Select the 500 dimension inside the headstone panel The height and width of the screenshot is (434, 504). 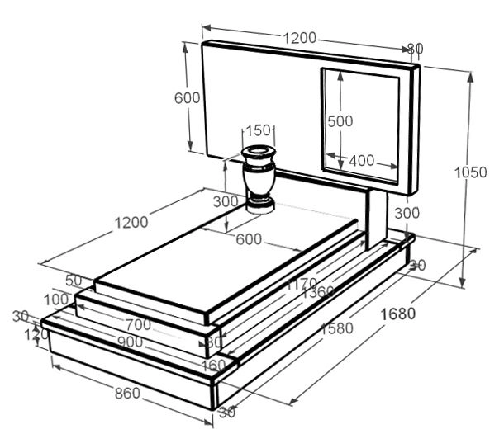coord(340,120)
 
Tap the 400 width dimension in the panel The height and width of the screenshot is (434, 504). coord(361,161)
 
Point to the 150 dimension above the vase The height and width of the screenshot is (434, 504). coord(259,130)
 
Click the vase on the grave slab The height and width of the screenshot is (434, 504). coord(259,178)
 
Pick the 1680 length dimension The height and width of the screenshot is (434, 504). coord(397,314)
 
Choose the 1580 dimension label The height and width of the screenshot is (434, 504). coord(337,328)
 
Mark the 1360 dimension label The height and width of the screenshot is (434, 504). coord(318,294)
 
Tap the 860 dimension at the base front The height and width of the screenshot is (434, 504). coord(126,394)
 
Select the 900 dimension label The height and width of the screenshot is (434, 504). coord(130,342)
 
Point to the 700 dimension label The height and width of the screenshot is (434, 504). coord(138,324)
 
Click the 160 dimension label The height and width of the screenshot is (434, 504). coord(212,365)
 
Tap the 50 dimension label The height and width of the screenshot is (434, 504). coord(74,281)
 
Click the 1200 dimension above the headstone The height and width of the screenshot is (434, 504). coord(300,38)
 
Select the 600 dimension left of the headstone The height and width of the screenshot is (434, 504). coord(188,97)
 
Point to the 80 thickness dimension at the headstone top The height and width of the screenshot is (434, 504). coord(415,49)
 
